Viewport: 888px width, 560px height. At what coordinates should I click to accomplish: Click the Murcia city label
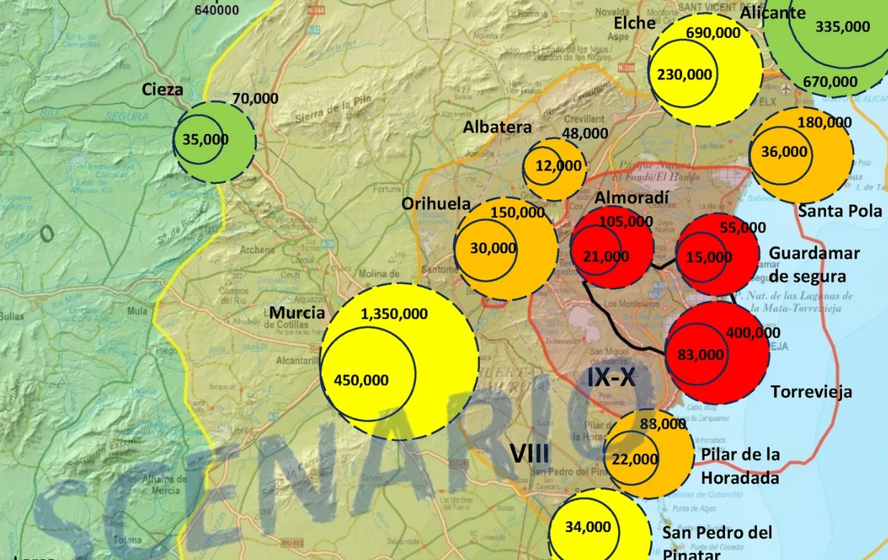(x=297, y=313)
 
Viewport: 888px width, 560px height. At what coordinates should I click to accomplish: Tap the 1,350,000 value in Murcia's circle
(x=394, y=314)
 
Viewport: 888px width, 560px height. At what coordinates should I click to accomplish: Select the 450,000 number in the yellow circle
(x=361, y=380)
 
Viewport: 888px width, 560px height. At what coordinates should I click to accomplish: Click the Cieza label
(x=162, y=90)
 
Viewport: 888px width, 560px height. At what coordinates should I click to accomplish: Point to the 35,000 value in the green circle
(x=205, y=139)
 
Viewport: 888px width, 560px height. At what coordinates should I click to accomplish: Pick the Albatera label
(x=497, y=128)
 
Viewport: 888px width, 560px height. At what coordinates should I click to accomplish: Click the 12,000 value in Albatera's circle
(x=558, y=166)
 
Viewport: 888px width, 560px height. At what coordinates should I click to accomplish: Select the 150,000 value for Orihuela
(x=517, y=212)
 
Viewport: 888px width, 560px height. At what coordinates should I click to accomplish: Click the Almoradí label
(x=632, y=197)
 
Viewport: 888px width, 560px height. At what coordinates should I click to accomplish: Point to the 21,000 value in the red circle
(x=605, y=256)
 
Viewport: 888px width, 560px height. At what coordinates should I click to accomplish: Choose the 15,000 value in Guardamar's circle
(x=709, y=257)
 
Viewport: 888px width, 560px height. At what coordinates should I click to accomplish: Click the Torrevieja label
(x=811, y=391)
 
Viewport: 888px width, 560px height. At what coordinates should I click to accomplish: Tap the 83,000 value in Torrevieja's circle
(x=701, y=353)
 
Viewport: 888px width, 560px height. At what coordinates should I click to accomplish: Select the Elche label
(x=635, y=23)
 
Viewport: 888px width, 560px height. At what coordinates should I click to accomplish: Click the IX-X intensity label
(x=612, y=377)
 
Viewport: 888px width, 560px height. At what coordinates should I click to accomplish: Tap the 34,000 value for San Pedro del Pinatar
(x=588, y=527)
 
